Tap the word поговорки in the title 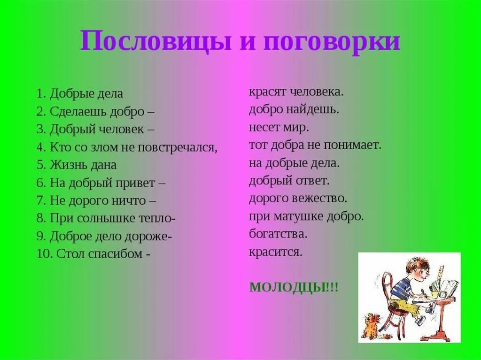(331, 42)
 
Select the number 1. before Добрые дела (41, 93)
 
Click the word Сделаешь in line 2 (78, 111)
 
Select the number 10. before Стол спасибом (45, 254)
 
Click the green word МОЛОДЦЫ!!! (294, 287)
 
